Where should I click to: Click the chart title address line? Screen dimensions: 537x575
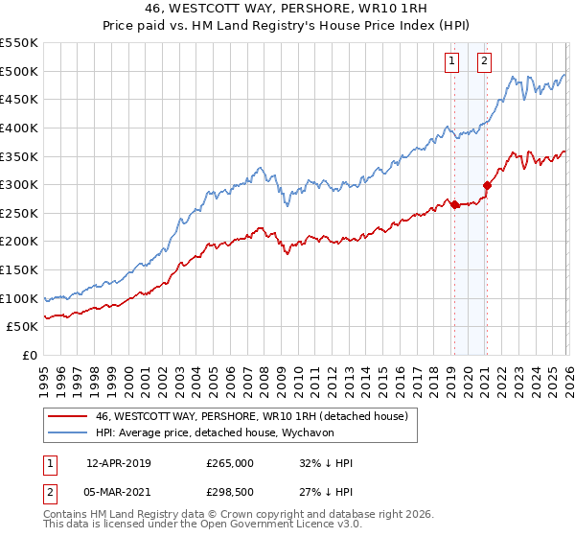click(x=287, y=9)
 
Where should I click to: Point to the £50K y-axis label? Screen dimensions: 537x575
click(x=23, y=327)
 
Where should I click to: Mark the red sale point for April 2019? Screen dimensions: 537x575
click(x=454, y=204)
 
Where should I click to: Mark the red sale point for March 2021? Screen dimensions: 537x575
click(x=487, y=185)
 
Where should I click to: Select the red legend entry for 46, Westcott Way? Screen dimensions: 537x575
click(x=251, y=416)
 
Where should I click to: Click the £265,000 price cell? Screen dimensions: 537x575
click(x=230, y=463)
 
